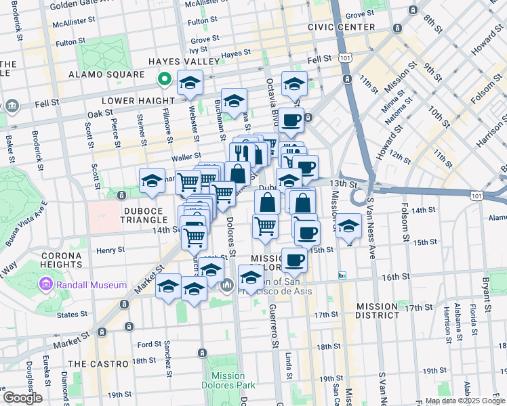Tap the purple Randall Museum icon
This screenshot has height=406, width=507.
coord(46,284)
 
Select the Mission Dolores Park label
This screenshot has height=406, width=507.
coord(228,380)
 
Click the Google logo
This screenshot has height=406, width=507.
coord(23,398)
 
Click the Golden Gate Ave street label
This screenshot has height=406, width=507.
coord(81,4)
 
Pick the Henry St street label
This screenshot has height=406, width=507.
coord(111,250)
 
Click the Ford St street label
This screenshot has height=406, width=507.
coord(148,343)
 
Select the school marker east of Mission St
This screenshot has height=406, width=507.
coord(348,227)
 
